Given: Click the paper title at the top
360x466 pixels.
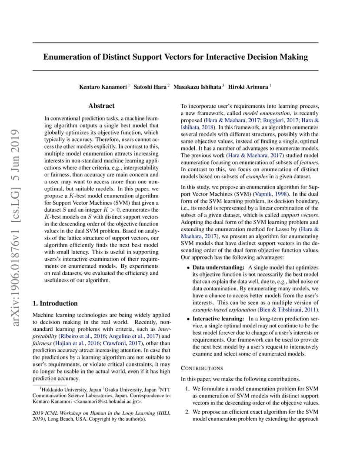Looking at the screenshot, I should tap(175, 57).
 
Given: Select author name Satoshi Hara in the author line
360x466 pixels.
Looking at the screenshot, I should tap(150, 87).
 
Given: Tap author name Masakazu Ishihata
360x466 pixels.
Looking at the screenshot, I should tap(197, 87).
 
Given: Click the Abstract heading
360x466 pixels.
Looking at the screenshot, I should tap(101, 106).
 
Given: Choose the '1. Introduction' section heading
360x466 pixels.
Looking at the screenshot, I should tap(55, 303).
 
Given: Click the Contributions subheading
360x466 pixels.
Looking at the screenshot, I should tap(202, 368).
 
